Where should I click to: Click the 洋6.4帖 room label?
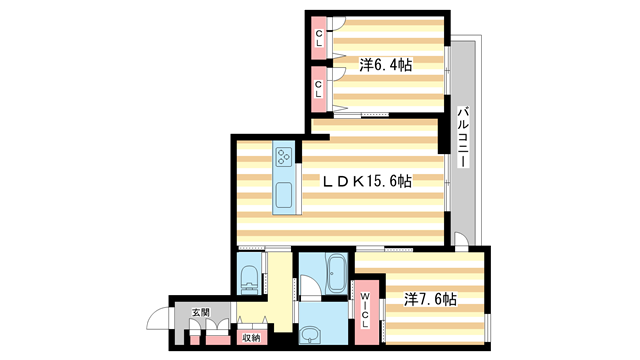tap(386, 65)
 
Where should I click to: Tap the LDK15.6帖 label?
tap(366, 181)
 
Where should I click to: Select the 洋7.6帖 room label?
tap(431, 299)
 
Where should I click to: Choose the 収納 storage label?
tap(249, 337)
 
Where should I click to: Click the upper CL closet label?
tap(319, 39)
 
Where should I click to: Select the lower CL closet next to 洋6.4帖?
tap(319, 86)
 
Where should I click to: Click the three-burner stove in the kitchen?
tap(283, 157)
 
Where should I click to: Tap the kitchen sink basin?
tap(283, 195)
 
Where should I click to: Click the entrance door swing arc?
tap(158, 322)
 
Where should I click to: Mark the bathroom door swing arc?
tap(312, 290)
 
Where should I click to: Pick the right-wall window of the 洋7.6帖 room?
tap(489, 326)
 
